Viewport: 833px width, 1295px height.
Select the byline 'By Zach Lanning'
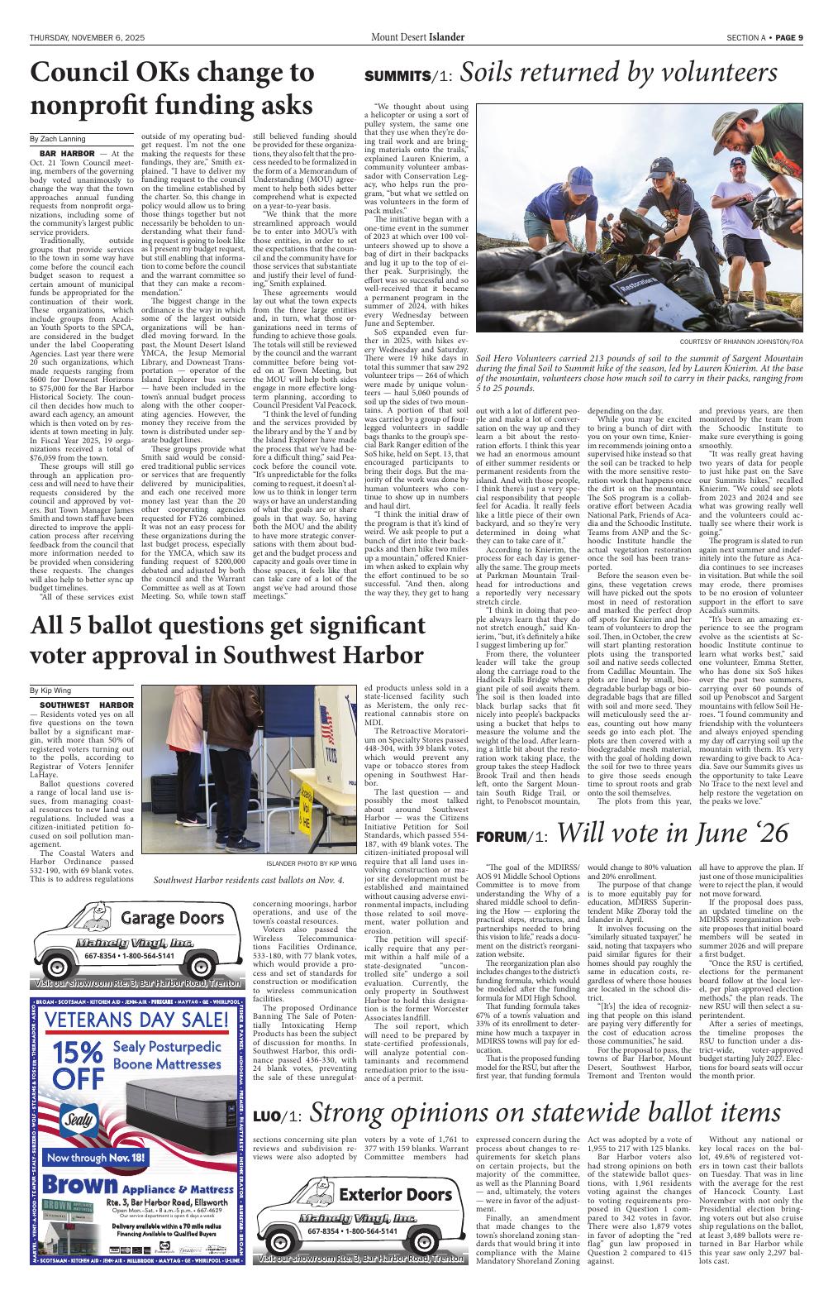click(58, 139)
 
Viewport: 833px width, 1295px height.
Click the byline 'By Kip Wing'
click(50, 689)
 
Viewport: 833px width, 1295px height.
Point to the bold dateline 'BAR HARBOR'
click(59, 154)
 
